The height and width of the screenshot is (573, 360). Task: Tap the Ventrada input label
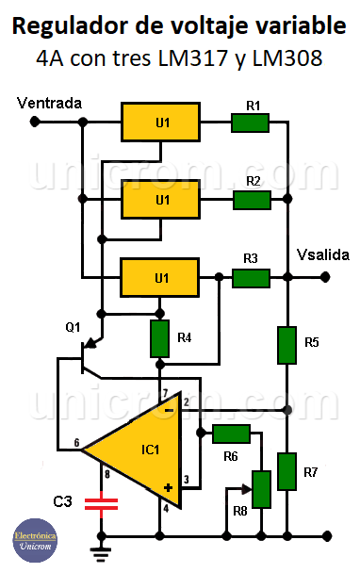pyautogui.click(x=50, y=102)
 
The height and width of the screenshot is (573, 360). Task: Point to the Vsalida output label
pyautogui.click(x=323, y=255)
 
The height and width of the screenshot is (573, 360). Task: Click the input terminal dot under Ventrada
pyautogui.click(x=35, y=122)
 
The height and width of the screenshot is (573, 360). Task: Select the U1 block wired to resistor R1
pyautogui.click(x=162, y=122)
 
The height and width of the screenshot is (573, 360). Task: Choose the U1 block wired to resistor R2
pyautogui.click(x=162, y=199)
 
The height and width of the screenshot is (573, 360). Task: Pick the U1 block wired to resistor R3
pyautogui.click(x=162, y=277)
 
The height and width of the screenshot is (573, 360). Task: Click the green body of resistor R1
pyautogui.click(x=251, y=122)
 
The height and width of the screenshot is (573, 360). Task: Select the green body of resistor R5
pyautogui.click(x=287, y=345)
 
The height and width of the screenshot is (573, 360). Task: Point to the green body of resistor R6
pyautogui.click(x=231, y=433)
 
